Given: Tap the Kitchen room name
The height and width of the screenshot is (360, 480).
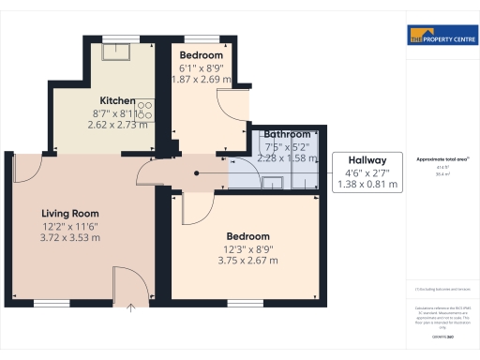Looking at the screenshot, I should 118,101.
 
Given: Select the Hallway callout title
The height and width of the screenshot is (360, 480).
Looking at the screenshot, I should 367,159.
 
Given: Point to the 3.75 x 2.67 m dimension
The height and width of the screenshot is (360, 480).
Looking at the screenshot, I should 247,260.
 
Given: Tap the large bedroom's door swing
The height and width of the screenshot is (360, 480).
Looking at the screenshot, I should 196,208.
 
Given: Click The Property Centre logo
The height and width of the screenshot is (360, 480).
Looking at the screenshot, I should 439,37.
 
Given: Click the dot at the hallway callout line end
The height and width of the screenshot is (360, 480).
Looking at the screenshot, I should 196,173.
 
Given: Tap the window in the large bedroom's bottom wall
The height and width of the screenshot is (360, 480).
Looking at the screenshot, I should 246,303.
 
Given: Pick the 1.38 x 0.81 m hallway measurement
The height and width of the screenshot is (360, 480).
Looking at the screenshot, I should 367,185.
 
